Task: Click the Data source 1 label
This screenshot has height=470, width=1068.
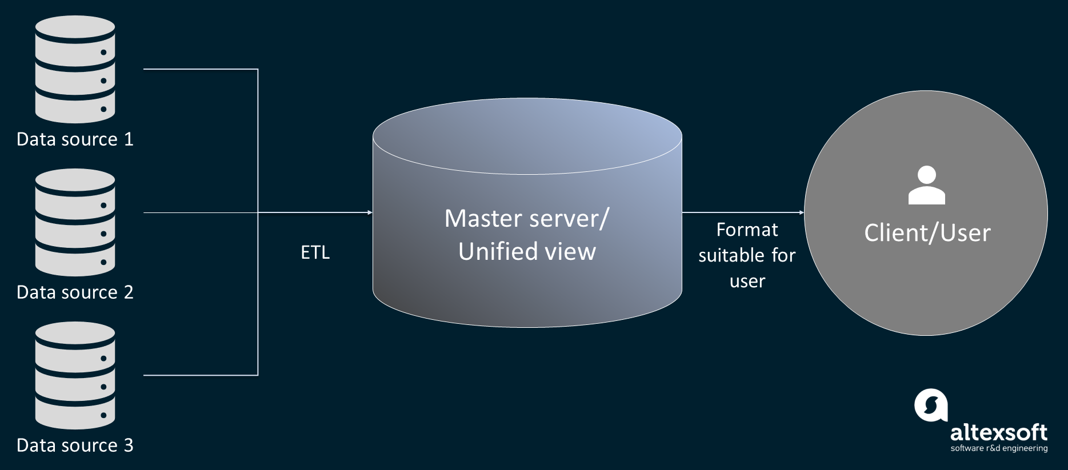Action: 75,139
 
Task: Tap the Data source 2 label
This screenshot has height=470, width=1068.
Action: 75,292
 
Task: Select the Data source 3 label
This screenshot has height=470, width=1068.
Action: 75,445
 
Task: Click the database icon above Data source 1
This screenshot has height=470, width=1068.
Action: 75,69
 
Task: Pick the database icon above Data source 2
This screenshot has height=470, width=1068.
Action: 75,222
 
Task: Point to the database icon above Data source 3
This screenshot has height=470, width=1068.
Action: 75,375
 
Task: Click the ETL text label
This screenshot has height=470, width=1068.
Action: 315,252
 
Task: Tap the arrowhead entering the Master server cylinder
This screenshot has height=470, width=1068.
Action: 370,212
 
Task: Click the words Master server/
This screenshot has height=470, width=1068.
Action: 527,219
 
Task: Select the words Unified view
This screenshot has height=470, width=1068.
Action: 527,252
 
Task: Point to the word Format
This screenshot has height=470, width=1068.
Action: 747,230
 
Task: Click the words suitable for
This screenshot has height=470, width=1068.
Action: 747,255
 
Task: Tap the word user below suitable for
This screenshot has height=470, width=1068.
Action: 747,282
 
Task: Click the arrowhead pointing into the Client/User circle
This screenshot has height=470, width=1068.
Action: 801,212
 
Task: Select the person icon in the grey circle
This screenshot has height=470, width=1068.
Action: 926,186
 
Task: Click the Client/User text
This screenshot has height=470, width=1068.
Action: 927,233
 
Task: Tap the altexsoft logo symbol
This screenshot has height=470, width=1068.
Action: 930,405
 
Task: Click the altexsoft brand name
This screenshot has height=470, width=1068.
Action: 998,432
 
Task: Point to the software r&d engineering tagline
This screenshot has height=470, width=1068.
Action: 999,448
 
